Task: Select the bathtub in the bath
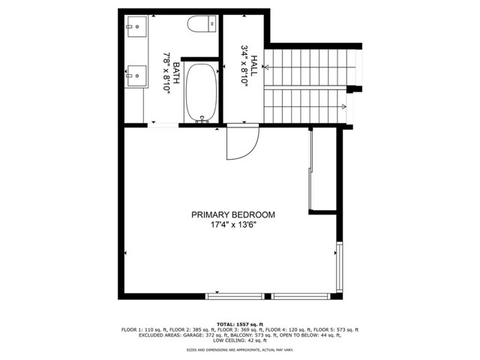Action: (x=200, y=91)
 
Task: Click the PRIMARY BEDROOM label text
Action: (x=232, y=214)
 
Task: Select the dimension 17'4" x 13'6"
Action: (x=232, y=226)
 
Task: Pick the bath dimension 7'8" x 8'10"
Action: (x=166, y=73)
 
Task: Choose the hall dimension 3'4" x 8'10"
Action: (x=244, y=67)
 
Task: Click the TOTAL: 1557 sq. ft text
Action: (x=239, y=324)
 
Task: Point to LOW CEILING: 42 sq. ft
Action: (x=239, y=340)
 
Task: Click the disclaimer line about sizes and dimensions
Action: (x=239, y=349)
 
